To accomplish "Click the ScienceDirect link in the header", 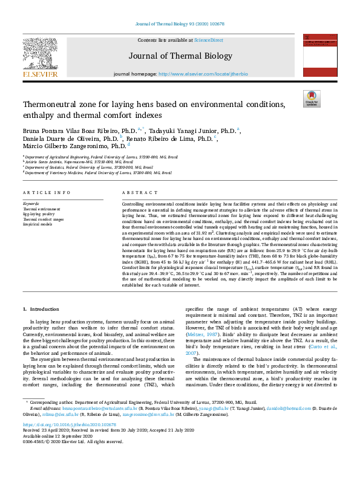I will pos(208,40).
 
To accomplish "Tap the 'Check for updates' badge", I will pos(312,98).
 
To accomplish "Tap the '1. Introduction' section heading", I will pos(41,309).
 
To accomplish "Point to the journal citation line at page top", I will pos(180,24).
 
